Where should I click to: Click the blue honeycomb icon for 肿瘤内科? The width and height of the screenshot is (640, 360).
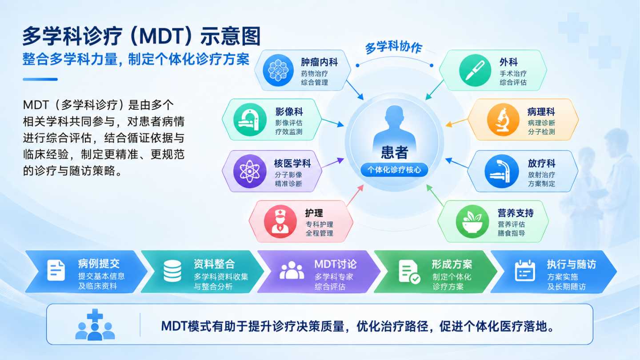pos(278,70)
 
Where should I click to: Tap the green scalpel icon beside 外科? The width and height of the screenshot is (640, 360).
pos(475,70)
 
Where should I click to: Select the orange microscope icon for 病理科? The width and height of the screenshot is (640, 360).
pos(503,120)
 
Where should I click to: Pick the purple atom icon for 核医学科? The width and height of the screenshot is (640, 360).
pos(250,171)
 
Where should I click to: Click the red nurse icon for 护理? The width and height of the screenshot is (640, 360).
pos(280,221)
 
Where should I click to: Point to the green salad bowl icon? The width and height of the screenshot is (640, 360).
pos(472,221)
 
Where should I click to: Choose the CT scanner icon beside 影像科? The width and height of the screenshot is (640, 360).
pos(250,120)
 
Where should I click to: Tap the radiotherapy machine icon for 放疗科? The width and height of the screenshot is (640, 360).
pos(502,171)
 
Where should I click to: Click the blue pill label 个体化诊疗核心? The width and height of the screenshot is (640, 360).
pos(394,170)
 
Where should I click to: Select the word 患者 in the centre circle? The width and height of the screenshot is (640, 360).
pos(395,152)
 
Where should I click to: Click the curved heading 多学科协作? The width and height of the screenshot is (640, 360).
pos(394,48)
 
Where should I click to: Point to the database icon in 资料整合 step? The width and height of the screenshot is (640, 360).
pos(172,271)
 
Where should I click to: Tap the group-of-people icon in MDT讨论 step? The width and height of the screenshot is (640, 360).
pos(292,270)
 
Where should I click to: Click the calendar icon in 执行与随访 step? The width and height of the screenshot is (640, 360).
pos(525,271)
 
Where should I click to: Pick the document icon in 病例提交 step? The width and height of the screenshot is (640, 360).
pos(56,270)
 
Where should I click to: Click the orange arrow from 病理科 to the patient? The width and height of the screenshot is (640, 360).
pos(456,123)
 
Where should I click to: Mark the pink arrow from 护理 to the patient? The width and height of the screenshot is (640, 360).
pos(355,195)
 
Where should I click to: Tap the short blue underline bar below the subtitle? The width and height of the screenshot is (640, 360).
pos(40,80)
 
